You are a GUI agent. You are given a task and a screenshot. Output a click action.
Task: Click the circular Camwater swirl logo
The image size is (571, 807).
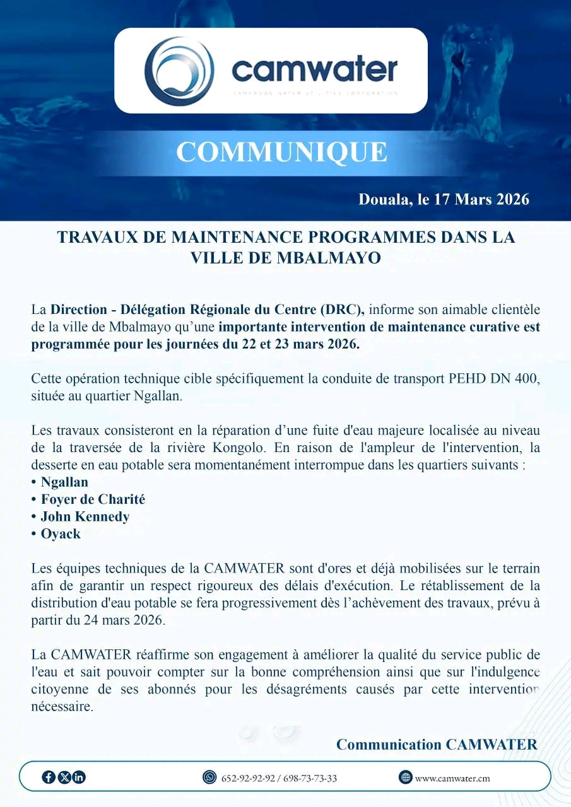(179, 71)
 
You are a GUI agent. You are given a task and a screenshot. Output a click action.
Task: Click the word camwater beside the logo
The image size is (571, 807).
(315, 69)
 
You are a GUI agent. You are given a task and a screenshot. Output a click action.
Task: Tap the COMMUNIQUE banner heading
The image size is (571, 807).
(281, 152)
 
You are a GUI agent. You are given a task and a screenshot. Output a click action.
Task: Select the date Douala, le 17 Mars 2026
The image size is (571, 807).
(444, 200)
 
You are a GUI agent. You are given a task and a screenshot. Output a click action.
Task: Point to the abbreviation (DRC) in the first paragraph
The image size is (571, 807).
(342, 310)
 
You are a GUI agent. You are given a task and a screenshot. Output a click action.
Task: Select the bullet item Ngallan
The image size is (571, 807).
(64, 482)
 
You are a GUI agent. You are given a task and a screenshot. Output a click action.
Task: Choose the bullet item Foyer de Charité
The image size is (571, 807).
(93, 499)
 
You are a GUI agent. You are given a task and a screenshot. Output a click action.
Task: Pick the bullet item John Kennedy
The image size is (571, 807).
(85, 516)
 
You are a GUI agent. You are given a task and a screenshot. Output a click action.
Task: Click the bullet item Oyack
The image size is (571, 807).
(61, 533)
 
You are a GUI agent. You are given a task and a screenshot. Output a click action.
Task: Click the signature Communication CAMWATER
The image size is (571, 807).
(437, 745)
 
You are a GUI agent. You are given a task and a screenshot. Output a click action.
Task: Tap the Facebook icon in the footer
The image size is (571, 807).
(49, 777)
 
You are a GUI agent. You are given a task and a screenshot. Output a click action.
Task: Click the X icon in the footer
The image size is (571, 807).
(64, 777)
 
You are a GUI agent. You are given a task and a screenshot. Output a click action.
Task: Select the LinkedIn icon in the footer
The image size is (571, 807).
(79, 777)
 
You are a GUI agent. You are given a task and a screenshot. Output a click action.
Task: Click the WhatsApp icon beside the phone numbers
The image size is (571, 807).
(209, 777)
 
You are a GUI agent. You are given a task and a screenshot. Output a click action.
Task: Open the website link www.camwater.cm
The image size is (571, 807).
(452, 779)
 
